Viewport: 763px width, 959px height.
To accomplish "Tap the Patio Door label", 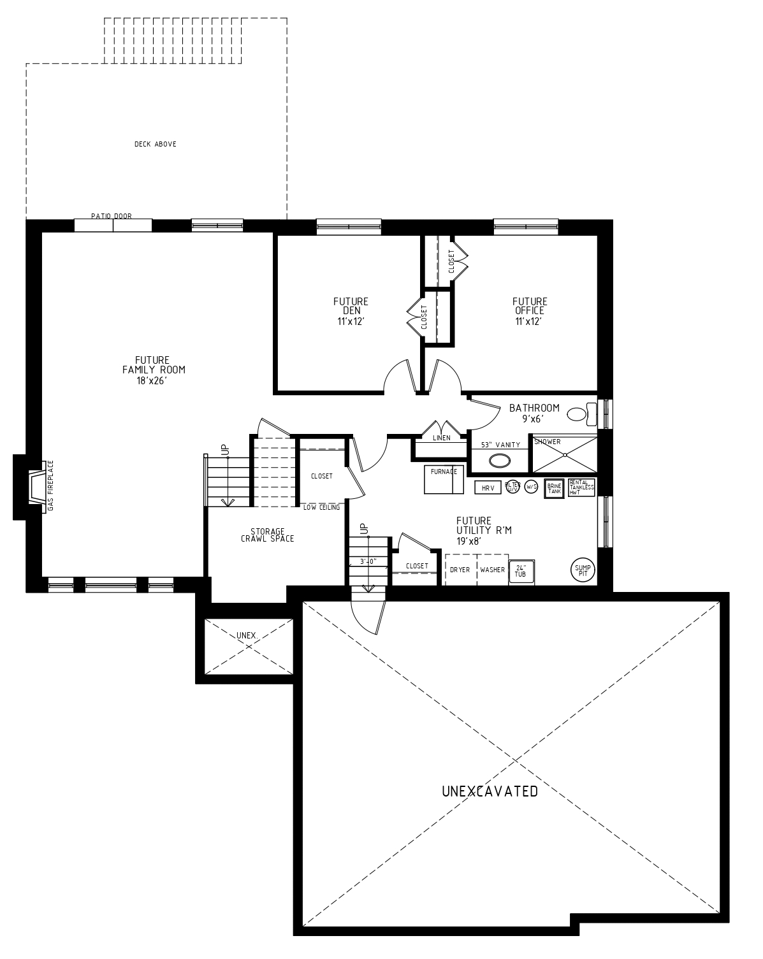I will (112, 216).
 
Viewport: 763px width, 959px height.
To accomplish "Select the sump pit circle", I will (583, 570).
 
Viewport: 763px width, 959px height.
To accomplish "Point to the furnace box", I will (444, 479).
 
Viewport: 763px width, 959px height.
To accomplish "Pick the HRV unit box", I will (488, 487).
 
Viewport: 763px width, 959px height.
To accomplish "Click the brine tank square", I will (554, 489).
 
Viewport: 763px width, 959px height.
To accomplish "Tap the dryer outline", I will (460, 570).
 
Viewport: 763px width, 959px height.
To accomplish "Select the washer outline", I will (493, 570).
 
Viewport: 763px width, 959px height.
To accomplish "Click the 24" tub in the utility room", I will (521, 572).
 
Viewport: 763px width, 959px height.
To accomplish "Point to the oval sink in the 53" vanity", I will (499, 460).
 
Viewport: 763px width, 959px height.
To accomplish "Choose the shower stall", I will (564, 454).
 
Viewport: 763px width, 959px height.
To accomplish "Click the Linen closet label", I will (441, 438).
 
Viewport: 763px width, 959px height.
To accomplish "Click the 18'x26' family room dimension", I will (152, 380).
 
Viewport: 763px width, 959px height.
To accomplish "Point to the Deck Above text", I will (156, 144).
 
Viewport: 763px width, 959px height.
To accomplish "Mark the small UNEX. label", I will (247, 635).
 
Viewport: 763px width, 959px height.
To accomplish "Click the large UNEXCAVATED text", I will (490, 791).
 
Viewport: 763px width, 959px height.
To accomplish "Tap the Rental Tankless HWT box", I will (581, 487).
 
